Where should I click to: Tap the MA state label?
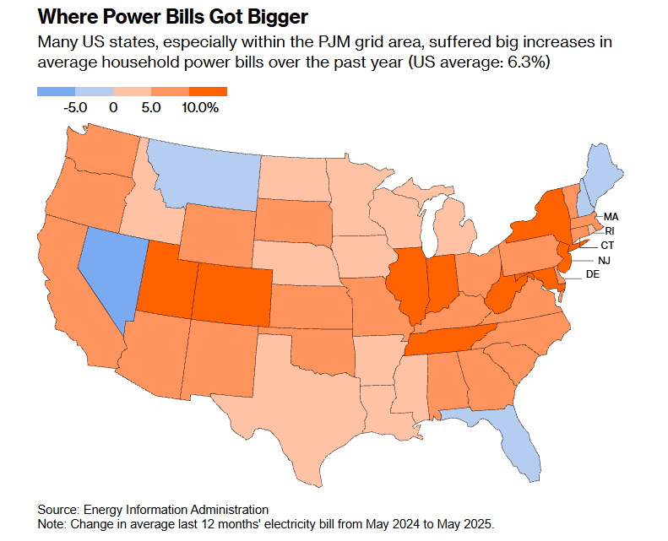point(612,217)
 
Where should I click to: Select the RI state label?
point(609,230)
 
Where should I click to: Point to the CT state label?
point(607,245)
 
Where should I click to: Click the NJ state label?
point(604,261)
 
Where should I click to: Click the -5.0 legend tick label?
point(76,107)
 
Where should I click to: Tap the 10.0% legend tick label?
point(200,107)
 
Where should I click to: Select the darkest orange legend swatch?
point(208,91)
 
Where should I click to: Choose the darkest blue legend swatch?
point(57,91)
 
